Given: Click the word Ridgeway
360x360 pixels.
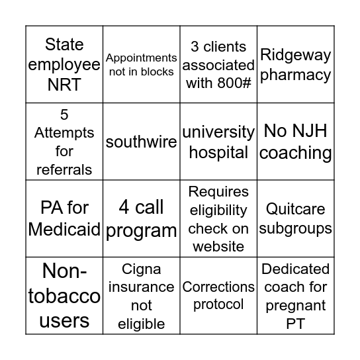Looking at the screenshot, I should (x=296, y=55).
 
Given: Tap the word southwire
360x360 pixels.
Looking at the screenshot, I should (x=141, y=142).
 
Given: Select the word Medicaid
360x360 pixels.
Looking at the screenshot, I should (x=65, y=230).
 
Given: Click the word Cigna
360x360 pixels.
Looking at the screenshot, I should (x=141, y=269).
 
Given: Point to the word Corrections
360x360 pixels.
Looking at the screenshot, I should (x=218, y=287).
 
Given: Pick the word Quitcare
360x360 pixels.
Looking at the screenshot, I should (x=296, y=209).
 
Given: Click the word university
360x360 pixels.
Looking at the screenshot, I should (x=218, y=132).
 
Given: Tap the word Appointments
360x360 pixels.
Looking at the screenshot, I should (x=141, y=58).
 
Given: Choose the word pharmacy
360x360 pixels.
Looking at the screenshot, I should (x=296, y=75).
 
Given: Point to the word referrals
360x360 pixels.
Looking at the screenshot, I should (x=65, y=169).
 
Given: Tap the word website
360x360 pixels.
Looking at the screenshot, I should (x=218, y=246).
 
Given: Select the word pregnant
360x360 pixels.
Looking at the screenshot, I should (x=296, y=306).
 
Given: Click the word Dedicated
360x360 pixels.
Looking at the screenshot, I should (x=296, y=269).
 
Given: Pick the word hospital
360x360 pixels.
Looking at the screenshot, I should (x=218, y=152).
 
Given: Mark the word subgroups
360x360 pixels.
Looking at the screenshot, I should (x=296, y=228).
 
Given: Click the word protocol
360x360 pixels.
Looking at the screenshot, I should (x=218, y=304).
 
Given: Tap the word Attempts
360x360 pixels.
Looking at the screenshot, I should (x=65, y=133).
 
